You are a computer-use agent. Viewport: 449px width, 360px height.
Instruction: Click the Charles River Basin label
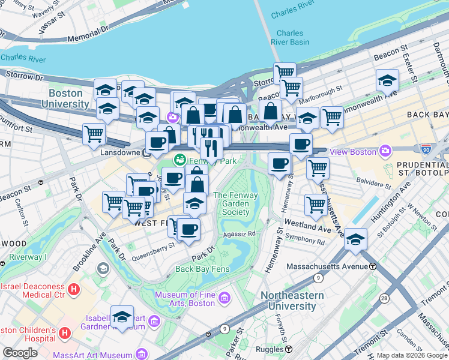(290, 38)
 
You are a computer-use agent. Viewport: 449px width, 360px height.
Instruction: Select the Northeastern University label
(292, 301)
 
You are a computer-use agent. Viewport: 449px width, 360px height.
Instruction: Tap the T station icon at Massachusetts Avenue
(373, 266)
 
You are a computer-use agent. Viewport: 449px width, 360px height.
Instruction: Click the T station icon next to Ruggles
(289, 349)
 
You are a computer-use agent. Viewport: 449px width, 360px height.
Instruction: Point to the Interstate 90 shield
(426, 148)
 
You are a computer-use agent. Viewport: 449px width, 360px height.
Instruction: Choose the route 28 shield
(383, 298)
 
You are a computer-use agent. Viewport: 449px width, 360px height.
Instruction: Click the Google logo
(20, 352)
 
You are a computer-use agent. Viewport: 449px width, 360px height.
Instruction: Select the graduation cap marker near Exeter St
(387, 80)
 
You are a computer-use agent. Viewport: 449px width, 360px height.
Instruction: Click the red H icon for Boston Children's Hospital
(66, 332)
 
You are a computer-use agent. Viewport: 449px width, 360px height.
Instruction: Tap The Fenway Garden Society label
(231, 203)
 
